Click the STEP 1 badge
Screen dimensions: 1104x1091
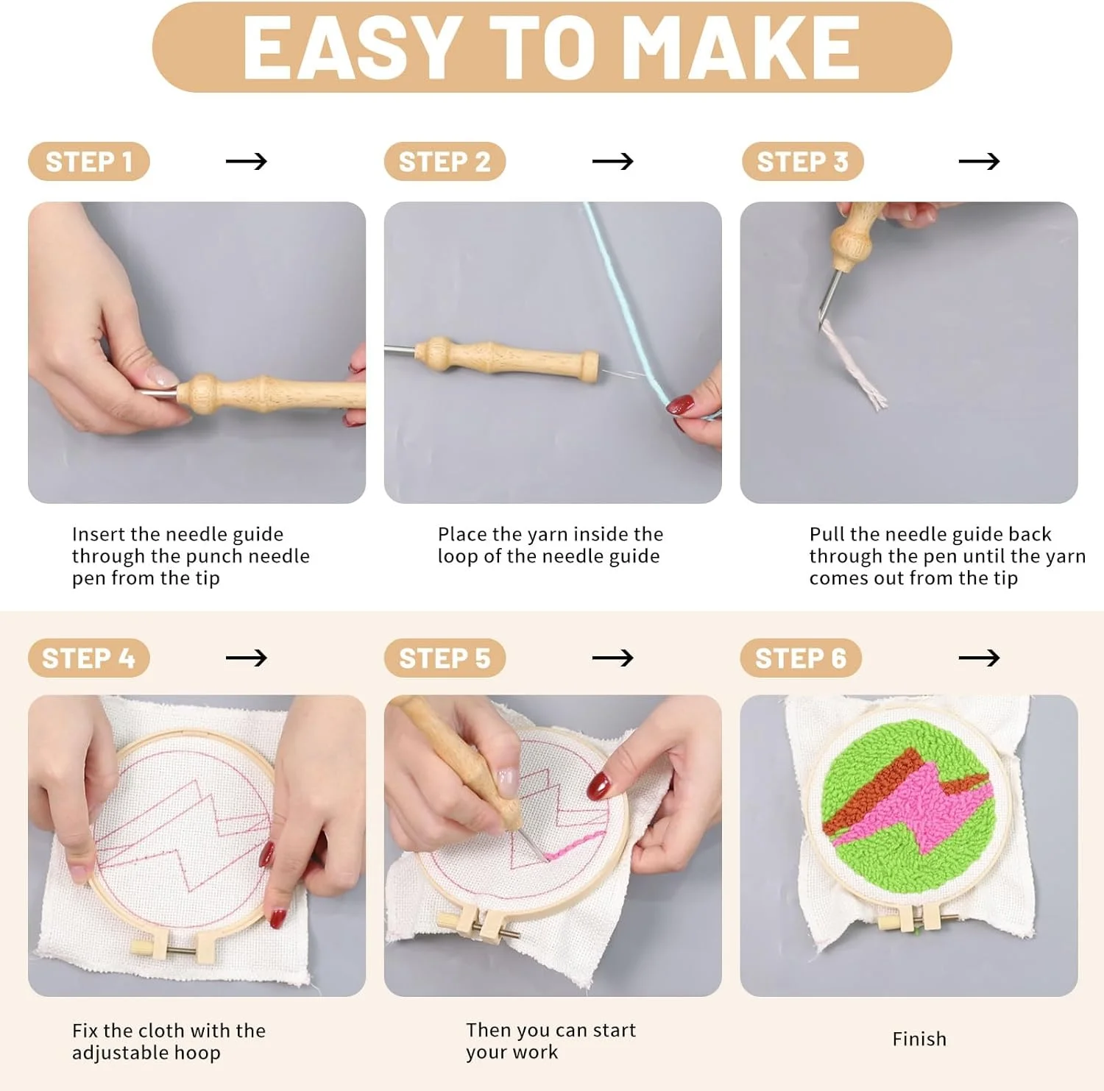tap(89, 161)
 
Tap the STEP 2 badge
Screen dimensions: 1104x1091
tap(445, 161)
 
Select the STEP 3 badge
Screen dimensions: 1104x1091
tap(802, 161)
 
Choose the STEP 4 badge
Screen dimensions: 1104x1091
tap(89, 658)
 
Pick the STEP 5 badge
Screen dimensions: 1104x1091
tap(445, 658)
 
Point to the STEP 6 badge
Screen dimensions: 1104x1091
tap(801, 658)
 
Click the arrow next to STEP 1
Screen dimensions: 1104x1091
tap(247, 161)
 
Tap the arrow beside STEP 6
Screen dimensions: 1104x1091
tap(979, 657)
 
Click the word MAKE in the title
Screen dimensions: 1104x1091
tap(746, 48)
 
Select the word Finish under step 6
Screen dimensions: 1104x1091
tap(919, 1039)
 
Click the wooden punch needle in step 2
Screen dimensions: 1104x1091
tap(507, 358)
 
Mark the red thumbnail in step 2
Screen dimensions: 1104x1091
tap(680, 405)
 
